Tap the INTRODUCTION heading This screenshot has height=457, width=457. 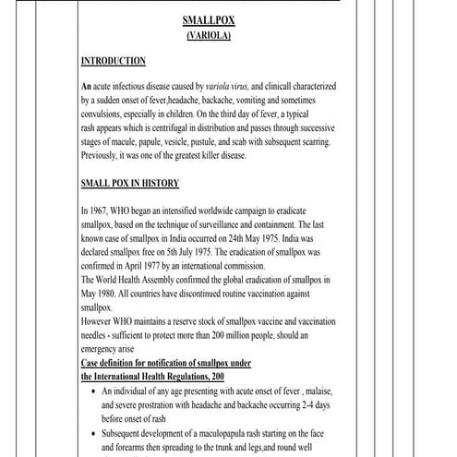coord(113,61)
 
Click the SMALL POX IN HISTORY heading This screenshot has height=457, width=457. coord(130,183)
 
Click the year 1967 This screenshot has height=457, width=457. coord(106,210)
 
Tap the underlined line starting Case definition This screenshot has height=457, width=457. coord(186,363)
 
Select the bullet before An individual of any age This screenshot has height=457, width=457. coord(95,391)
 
